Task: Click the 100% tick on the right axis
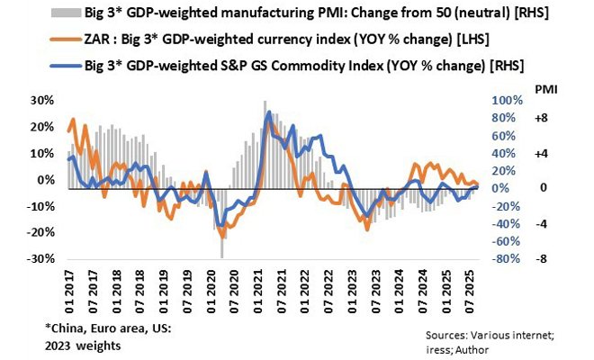pos(506,100)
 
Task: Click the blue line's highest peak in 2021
pos(268,112)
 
